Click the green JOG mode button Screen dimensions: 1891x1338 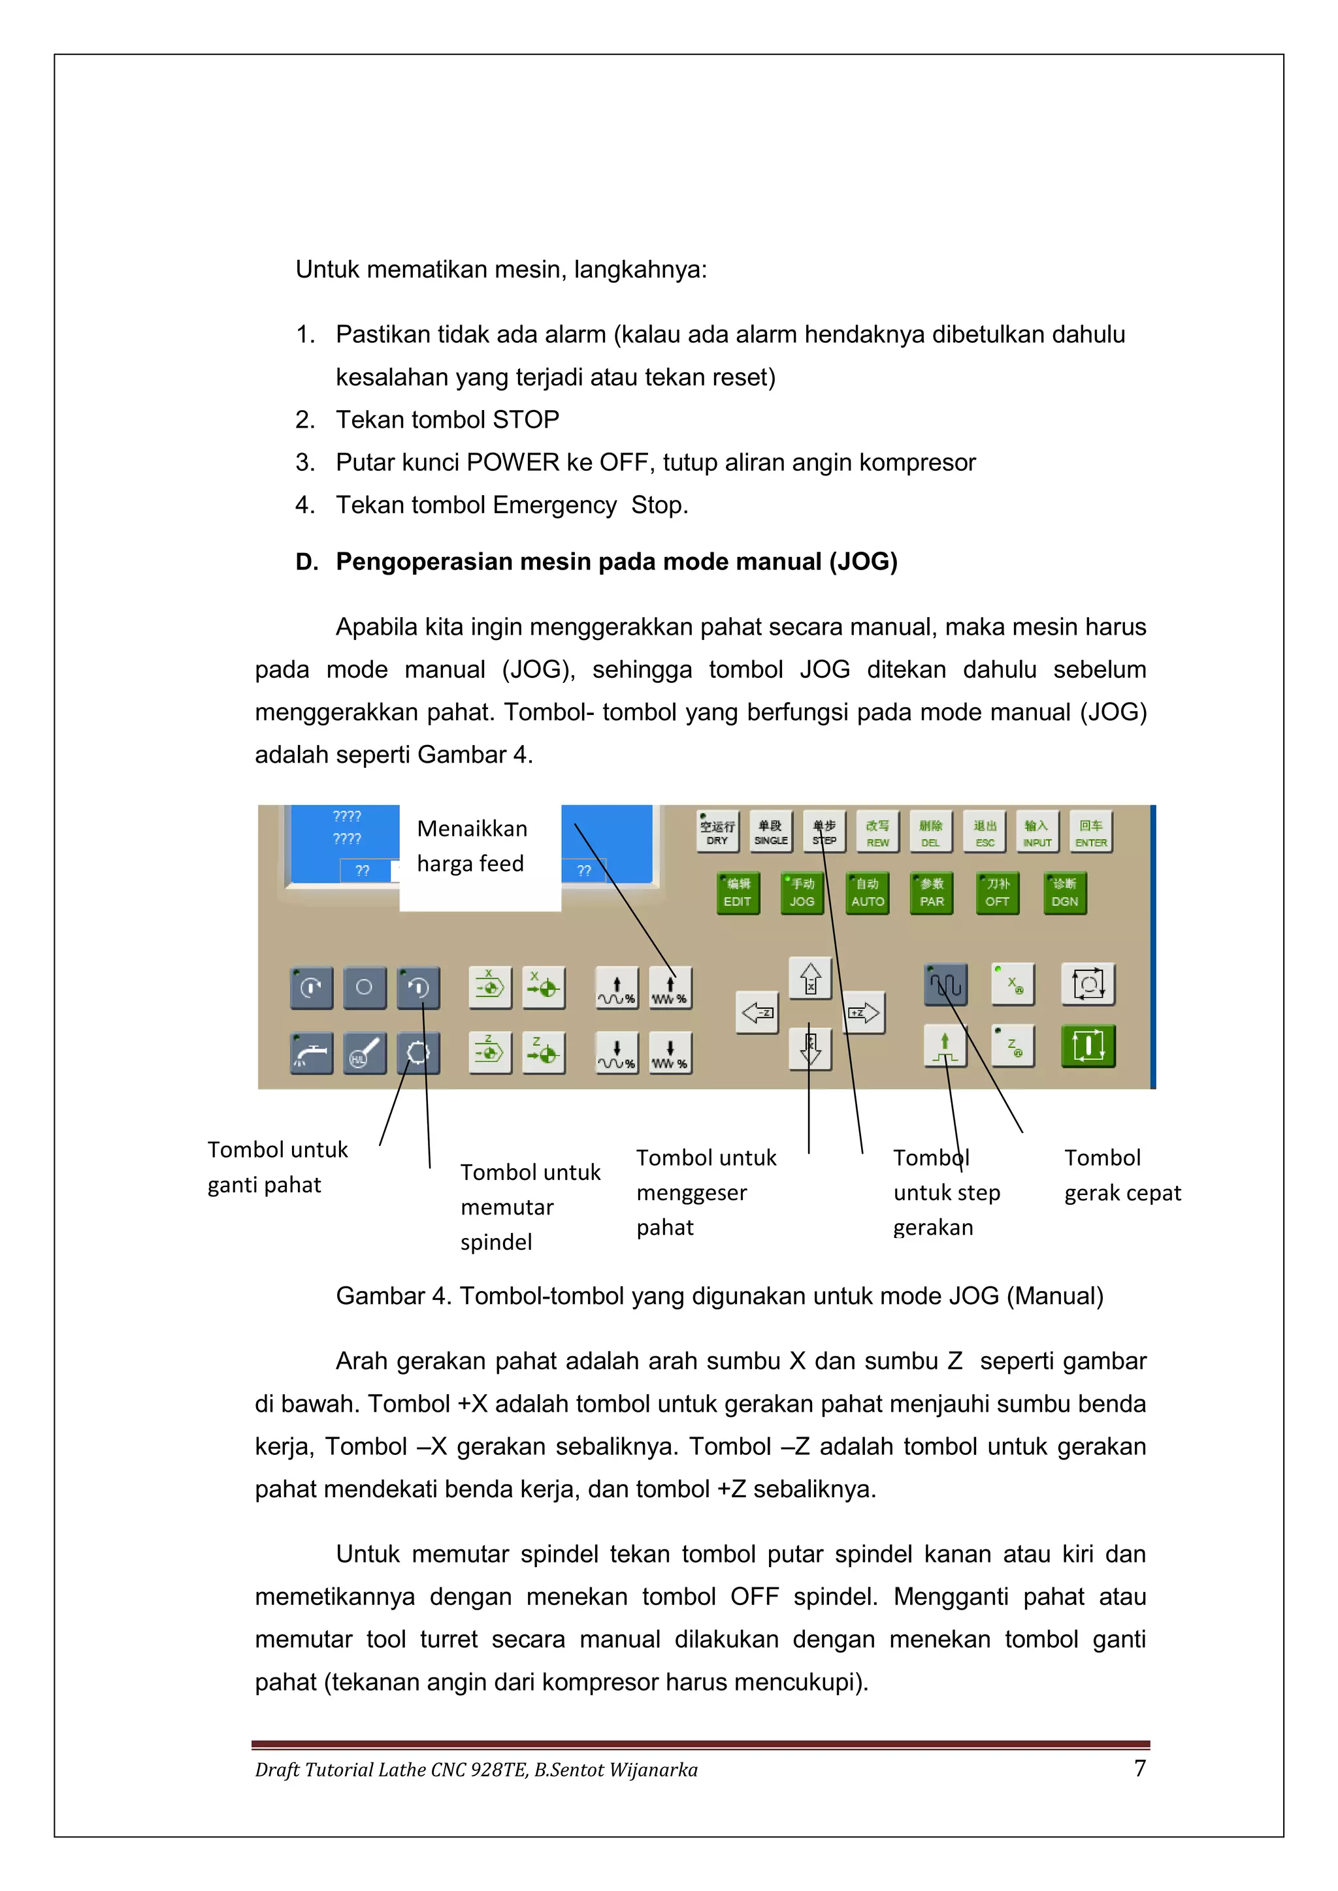(x=801, y=894)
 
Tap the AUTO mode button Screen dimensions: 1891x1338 (x=867, y=894)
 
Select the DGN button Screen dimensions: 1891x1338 (x=1064, y=894)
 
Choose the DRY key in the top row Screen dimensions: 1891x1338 (x=717, y=832)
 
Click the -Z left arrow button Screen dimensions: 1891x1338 (x=757, y=1012)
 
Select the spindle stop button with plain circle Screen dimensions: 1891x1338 (x=364, y=987)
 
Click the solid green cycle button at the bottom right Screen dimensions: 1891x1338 (x=1088, y=1046)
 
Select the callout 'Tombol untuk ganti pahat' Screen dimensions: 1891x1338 (x=277, y=1167)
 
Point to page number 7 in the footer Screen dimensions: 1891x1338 (x=1139, y=1769)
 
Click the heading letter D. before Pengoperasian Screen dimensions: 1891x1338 (x=306, y=562)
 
